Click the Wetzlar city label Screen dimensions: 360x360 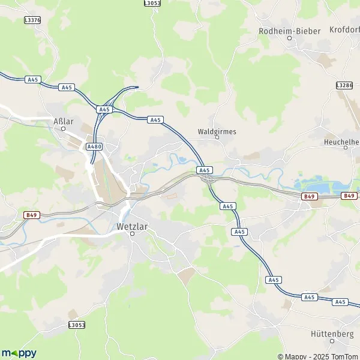click(132, 227)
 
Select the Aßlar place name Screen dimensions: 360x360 click(63, 121)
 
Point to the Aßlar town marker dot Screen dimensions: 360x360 click(63, 128)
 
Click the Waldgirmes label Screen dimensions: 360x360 click(217, 131)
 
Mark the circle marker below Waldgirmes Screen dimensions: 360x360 click(217, 138)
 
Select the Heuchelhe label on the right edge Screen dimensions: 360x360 click(341, 142)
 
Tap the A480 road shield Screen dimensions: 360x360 click(94, 146)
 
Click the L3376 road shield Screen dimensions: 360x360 click(32, 20)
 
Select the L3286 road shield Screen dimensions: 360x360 click(345, 86)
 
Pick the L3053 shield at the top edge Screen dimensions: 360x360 click(152, 3)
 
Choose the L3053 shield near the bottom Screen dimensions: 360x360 click(76, 325)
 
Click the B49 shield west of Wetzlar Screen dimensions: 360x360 click(31, 215)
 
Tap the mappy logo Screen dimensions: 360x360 click(19, 353)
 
